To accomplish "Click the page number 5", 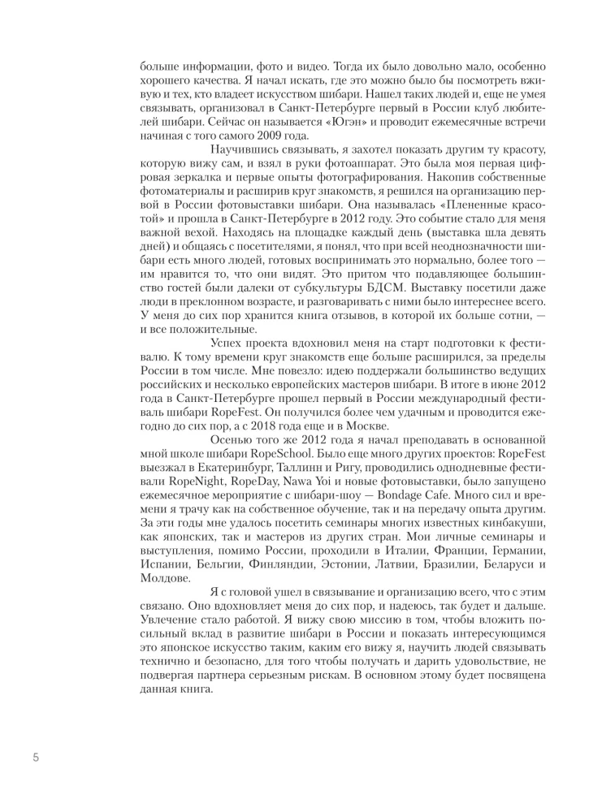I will (35, 758).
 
